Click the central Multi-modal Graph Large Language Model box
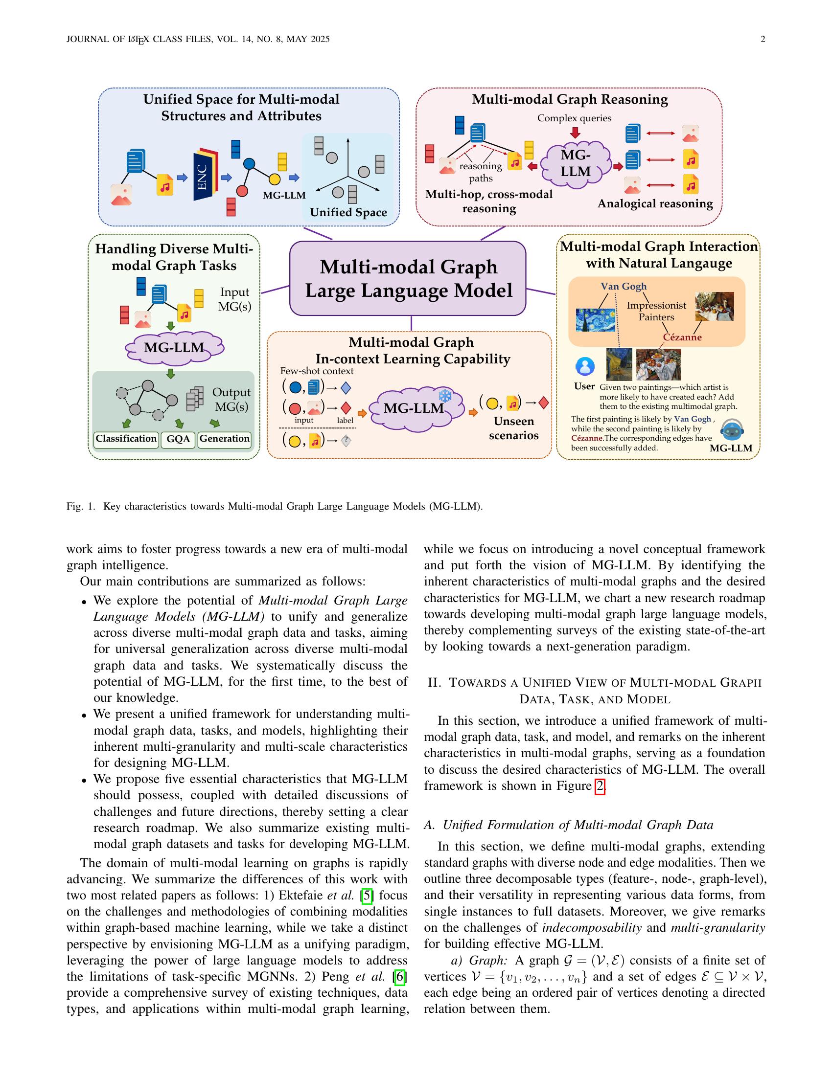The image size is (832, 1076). click(x=408, y=278)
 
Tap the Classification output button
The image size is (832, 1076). click(x=126, y=439)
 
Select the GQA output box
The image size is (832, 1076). click(x=178, y=439)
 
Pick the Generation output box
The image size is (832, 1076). click(x=224, y=439)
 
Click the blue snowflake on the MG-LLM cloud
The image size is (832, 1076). click(x=445, y=396)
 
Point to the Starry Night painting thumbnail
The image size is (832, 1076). click(x=596, y=320)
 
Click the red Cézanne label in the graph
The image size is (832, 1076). click(x=682, y=337)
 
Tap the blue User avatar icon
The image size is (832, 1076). click(x=584, y=366)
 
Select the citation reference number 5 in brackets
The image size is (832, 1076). click(x=367, y=895)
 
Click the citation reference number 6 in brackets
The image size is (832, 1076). click(x=400, y=977)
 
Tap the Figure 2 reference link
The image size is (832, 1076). click(x=600, y=786)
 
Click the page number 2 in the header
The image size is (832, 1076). click(x=763, y=40)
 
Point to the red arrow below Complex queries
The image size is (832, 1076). click(x=575, y=133)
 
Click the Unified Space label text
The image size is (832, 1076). click(x=348, y=212)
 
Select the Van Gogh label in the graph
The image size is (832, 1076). click(x=623, y=286)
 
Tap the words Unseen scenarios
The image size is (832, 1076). click(x=513, y=428)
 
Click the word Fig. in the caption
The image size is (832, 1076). click(x=75, y=507)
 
